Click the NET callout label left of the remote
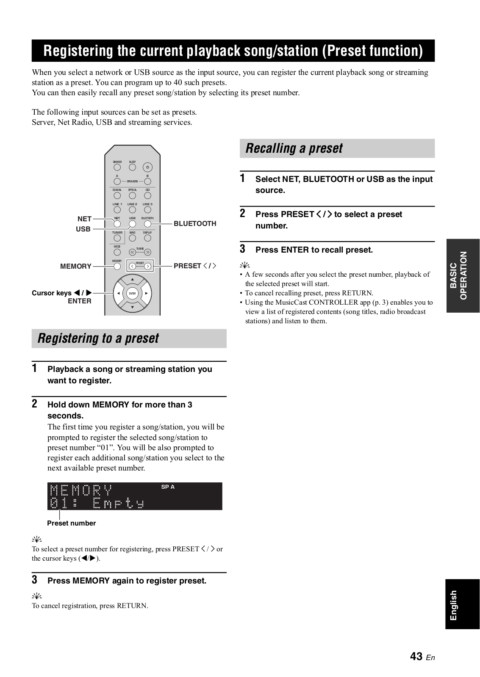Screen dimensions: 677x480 pos(84,219)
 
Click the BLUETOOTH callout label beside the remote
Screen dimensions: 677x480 pos(195,223)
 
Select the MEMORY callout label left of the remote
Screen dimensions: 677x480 pos(76,266)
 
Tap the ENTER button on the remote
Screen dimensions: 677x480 pos(132,293)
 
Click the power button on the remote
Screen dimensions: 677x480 pos(147,167)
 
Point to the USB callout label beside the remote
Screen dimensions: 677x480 pos(83,229)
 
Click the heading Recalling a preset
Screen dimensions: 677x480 pos(294,148)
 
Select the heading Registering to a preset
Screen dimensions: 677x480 pos(98,338)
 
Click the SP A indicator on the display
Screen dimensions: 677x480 pos(168,487)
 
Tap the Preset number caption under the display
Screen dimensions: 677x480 pos(71,523)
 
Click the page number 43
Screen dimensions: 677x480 pos(416,656)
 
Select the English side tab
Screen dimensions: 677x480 pos(454,605)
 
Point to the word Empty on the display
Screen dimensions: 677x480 pos(118,504)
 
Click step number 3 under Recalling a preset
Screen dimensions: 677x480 pos(243,248)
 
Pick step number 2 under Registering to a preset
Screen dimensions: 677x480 pos(35,403)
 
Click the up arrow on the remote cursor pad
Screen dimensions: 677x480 pos(132,280)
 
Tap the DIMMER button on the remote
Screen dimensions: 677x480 pos(117,167)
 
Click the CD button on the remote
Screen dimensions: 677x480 pos(147,195)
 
